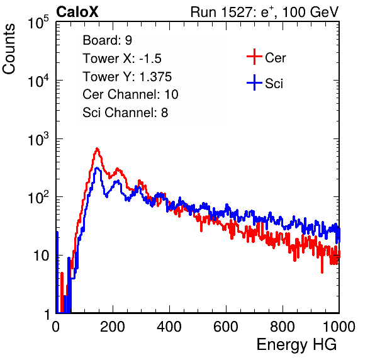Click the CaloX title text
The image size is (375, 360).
(x=77, y=12)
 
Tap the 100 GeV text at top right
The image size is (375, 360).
(x=310, y=12)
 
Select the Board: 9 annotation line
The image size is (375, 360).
(x=107, y=40)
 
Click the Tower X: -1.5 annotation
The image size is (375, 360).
(x=122, y=59)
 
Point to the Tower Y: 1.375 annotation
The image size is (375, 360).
(x=127, y=77)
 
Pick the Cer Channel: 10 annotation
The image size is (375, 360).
(x=130, y=94)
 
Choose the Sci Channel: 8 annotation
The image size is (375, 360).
(x=125, y=113)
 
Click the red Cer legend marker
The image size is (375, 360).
(x=254, y=57)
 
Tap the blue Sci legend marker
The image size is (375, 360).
(x=254, y=83)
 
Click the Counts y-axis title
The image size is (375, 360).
(x=9, y=49)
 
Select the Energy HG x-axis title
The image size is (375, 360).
(x=296, y=345)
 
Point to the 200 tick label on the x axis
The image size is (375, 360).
(x=113, y=327)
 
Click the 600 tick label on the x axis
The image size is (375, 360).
(x=226, y=327)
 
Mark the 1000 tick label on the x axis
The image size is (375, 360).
(x=339, y=327)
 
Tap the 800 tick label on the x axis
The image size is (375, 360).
(x=283, y=327)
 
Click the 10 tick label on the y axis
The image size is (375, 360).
(x=42, y=256)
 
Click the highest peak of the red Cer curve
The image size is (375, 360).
(x=97, y=149)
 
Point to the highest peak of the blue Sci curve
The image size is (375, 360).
(x=96, y=167)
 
